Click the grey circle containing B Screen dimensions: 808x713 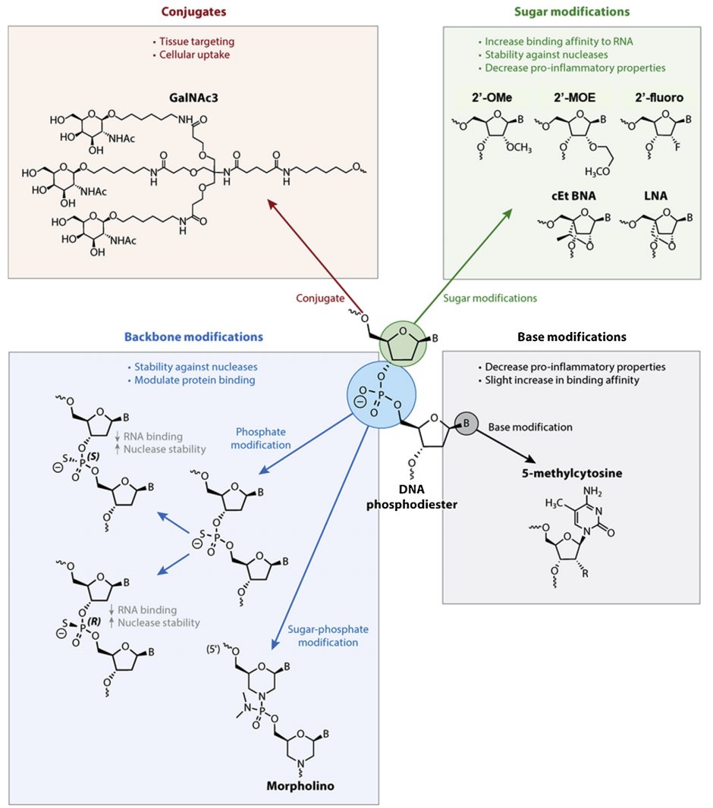[464, 426]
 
